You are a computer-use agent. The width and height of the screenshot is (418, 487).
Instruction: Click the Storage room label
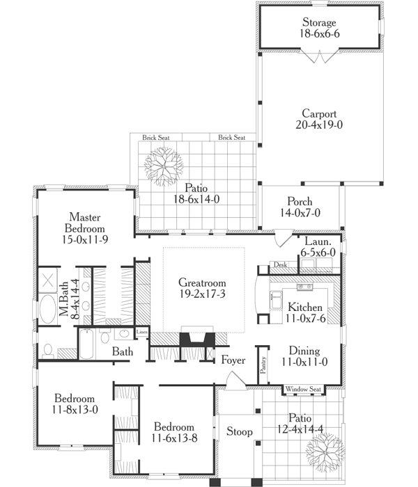point(319,22)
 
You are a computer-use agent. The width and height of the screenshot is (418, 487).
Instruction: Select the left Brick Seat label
point(156,138)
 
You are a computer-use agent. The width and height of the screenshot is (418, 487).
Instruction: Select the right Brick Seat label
point(231,138)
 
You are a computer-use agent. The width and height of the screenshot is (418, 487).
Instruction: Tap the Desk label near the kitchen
point(280,265)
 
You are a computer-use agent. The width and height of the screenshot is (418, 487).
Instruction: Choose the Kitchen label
point(306,307)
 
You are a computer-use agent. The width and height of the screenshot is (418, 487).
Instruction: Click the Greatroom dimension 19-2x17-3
point(203,295)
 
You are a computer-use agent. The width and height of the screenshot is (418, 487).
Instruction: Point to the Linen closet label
point(142,332)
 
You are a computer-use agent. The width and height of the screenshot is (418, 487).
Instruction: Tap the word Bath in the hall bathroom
point(123,352)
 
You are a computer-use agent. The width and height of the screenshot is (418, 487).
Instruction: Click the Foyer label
point(232,360)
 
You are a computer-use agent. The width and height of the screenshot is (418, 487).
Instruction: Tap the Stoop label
point(239,432)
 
